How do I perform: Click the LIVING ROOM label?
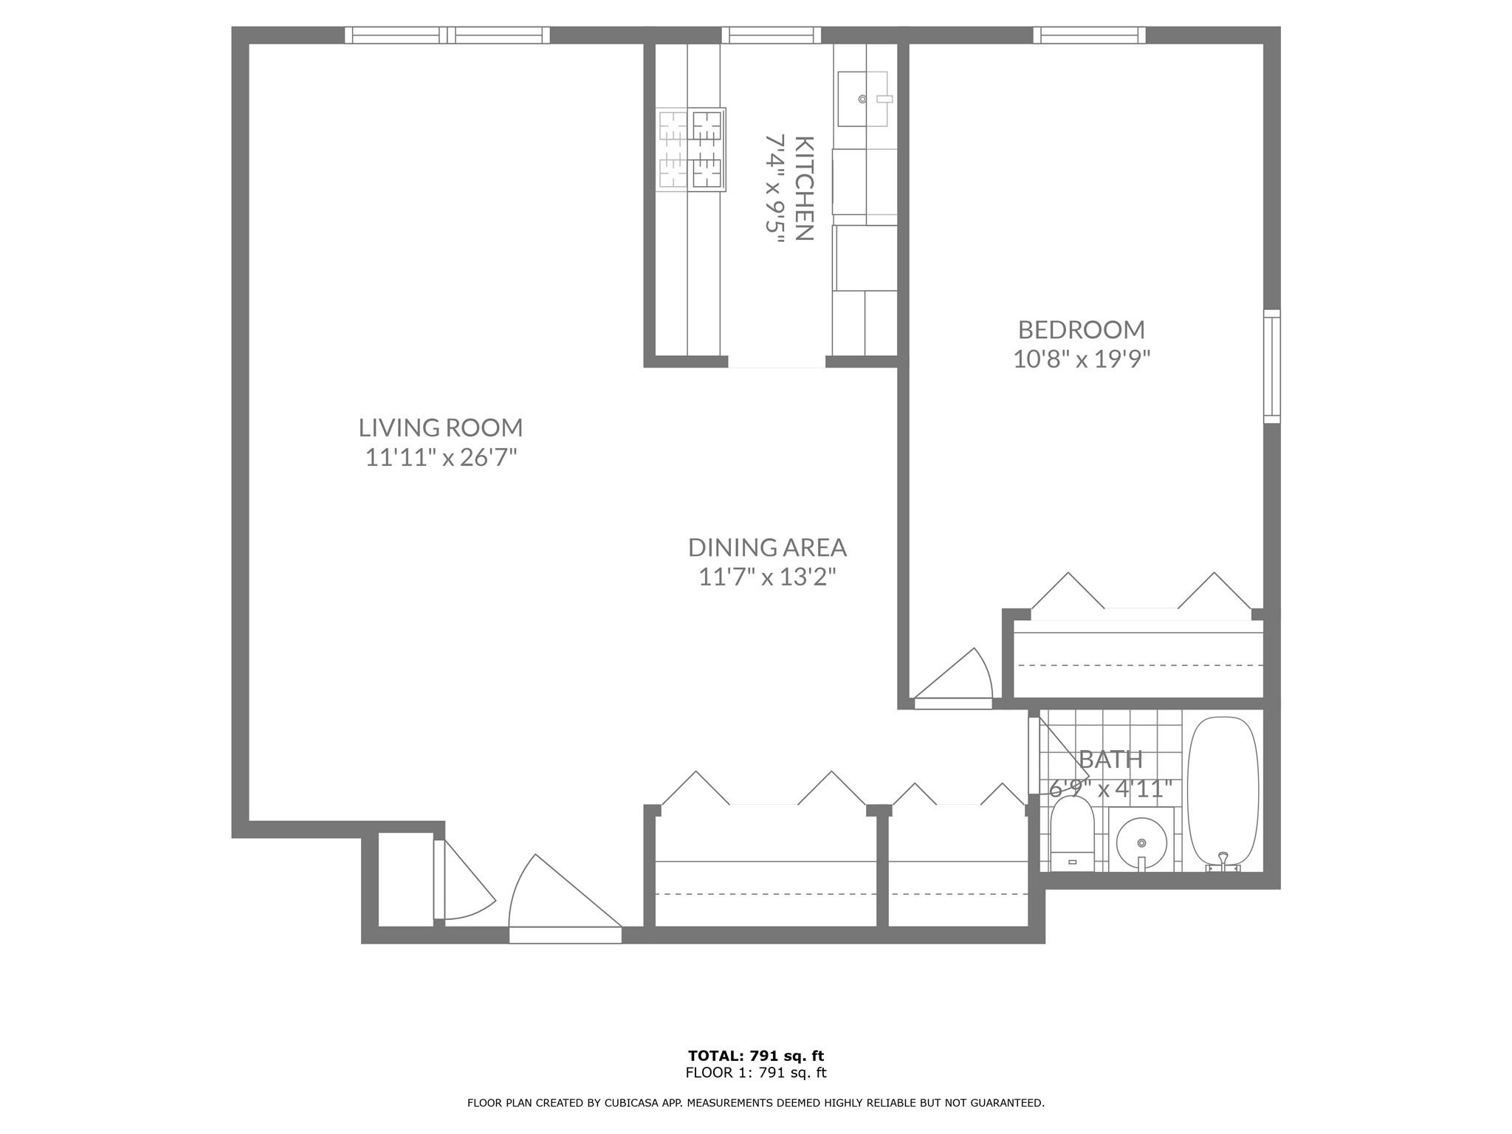click(x=441, y=427)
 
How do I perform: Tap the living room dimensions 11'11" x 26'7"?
click(x=441, y=458)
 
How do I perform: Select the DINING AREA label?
click(x=767, y=547)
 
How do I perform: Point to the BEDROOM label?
click(x=1082, y=329)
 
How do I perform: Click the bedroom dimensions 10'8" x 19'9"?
click(x=1082, y=360)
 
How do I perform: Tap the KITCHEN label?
click(x=804, y=188)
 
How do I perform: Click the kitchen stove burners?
click(x=691, y=150)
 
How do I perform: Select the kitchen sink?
click(x=862, y=99)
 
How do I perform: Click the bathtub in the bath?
click(x=1222, y=790)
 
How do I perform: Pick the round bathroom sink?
click(x=1141, y=842)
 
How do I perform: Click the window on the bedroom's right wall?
click(x=1271, y=367)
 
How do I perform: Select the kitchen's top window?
click(x=771, y=35)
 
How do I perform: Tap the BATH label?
click(x=1110, y=759)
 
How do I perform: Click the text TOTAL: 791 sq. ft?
click(x=756, y=1056)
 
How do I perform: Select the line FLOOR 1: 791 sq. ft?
click(x=756, y=1073)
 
